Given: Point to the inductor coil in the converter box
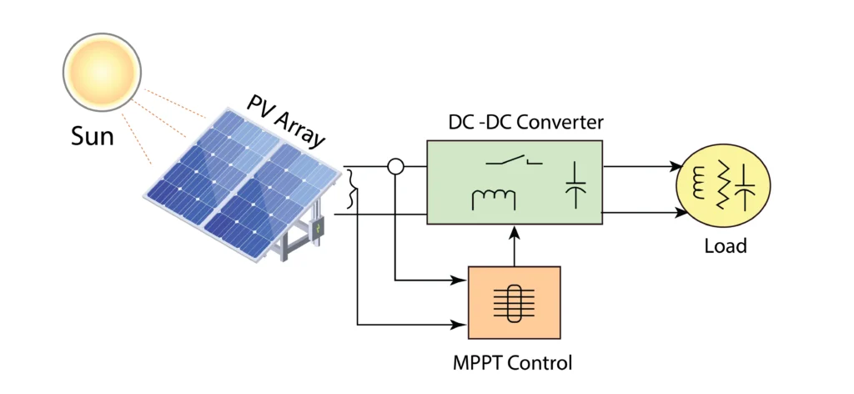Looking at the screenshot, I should pos(493,199).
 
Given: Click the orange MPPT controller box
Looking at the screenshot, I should pos(515,301).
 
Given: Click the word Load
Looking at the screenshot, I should pos(725,246).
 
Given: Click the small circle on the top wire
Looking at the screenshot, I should pos(395,167).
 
